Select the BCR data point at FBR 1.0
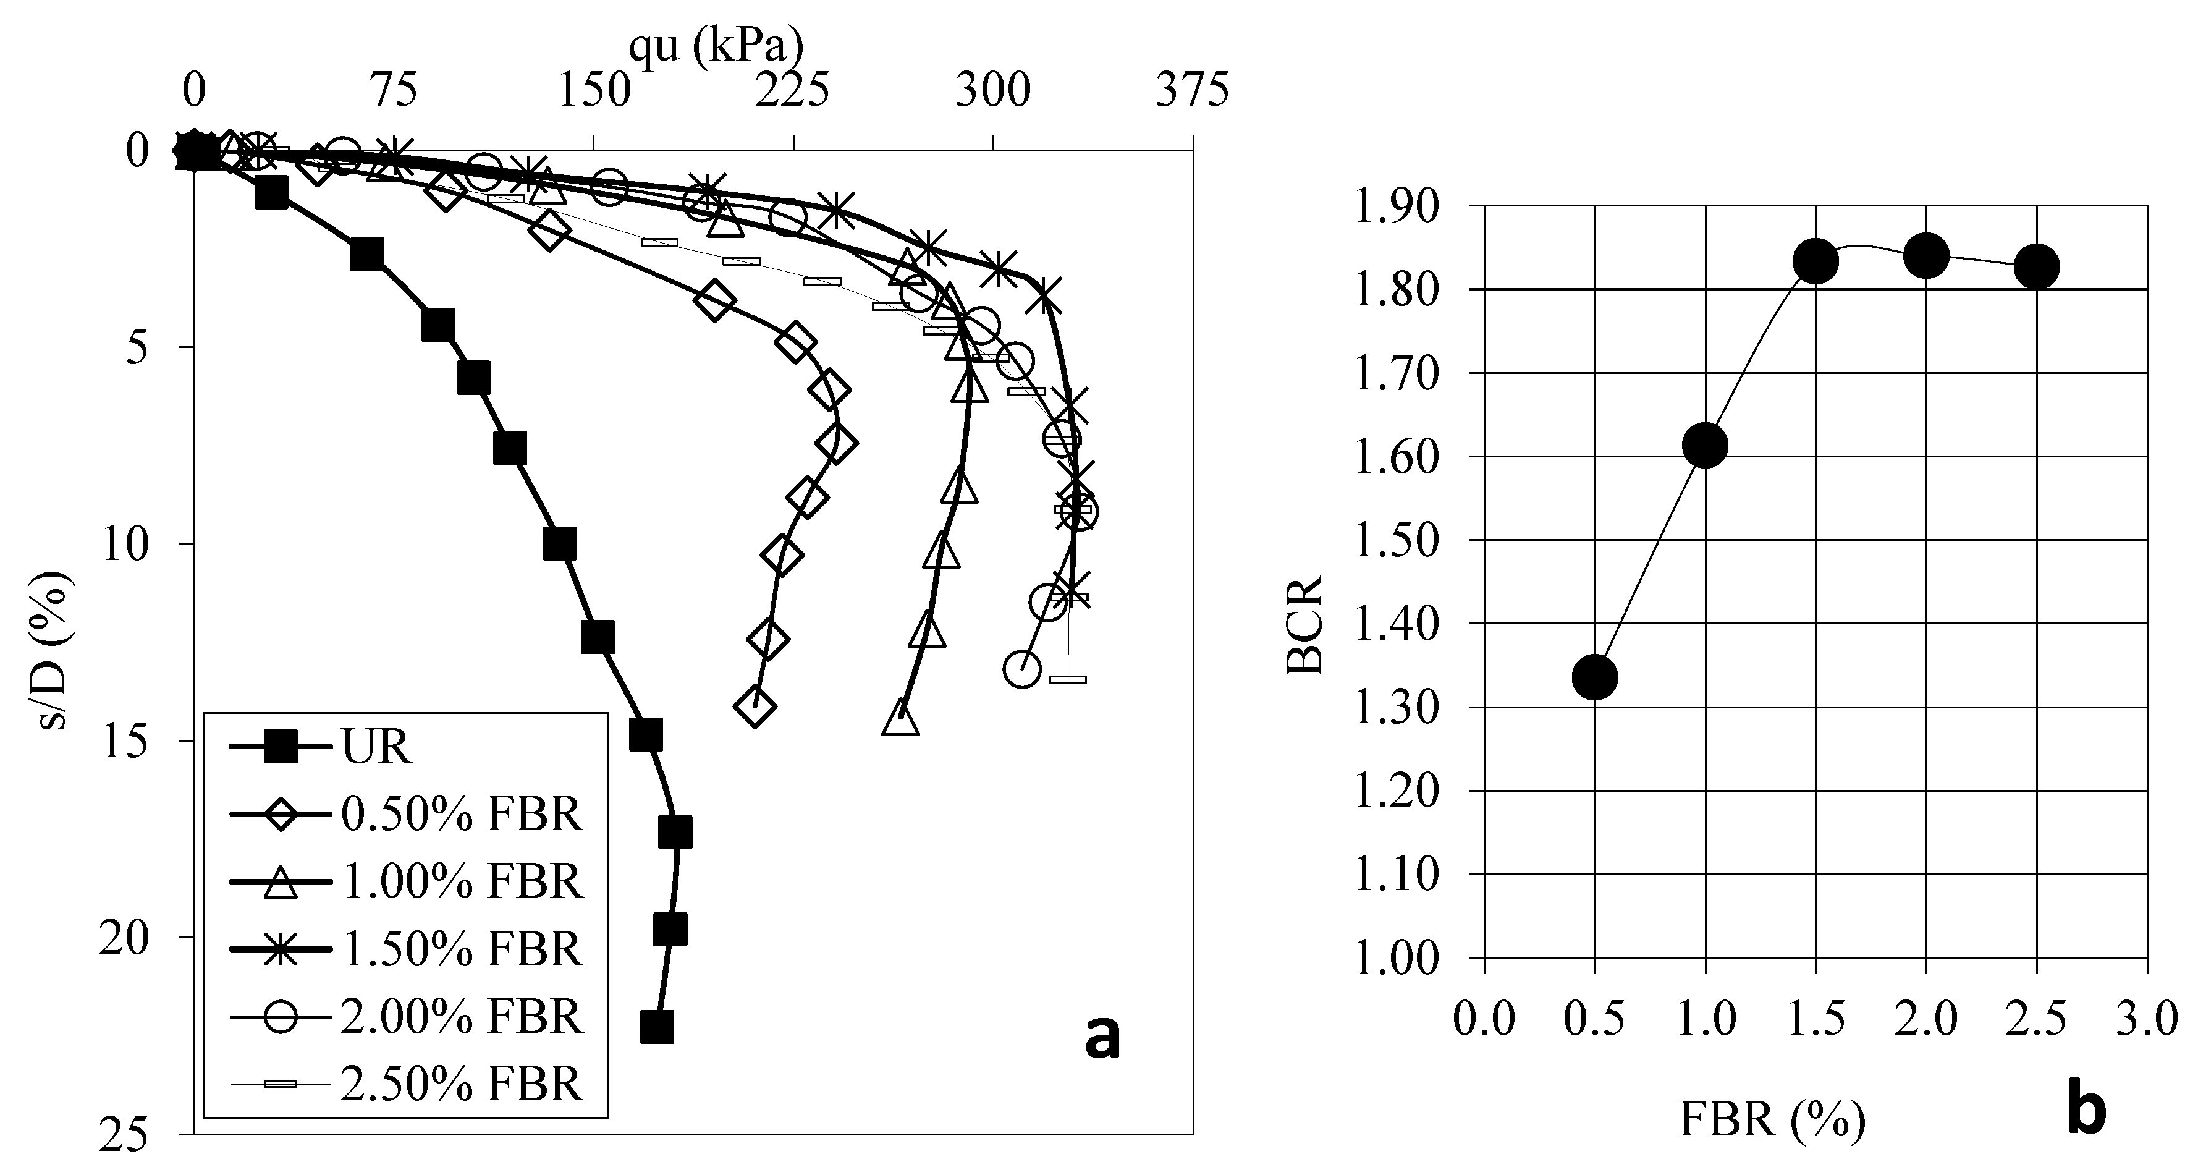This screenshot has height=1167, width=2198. pos(1705,445)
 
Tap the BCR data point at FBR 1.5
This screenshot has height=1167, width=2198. pos(1815,260)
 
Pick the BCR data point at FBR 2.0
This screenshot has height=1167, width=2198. pos(1926,255)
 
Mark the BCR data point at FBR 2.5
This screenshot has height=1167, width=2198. pos(2037,266)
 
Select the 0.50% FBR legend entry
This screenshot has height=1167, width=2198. pos(461,815)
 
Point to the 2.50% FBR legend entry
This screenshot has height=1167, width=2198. pos(461,1084)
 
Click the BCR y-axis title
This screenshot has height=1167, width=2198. pos(1303,625)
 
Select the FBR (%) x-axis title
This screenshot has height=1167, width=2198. pos(1772,1119)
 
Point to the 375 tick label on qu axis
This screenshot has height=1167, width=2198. pos(1192,90)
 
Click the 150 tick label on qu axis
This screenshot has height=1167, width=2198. pos(594,90)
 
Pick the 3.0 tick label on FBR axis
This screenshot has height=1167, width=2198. pos(2147,1019)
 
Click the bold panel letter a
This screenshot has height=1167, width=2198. pos(1102,1038)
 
